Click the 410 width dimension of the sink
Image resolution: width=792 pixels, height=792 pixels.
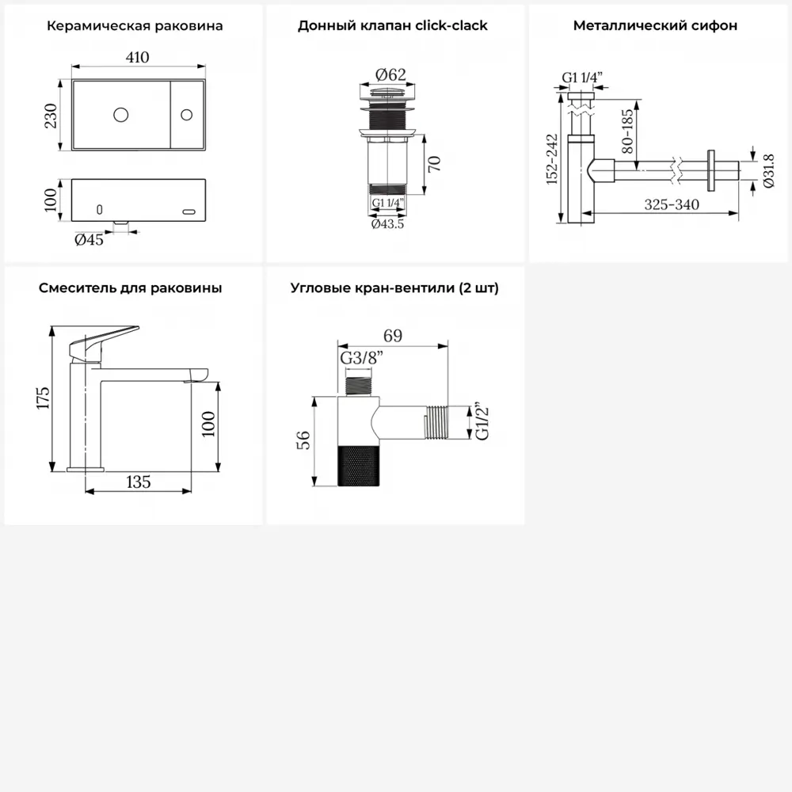[137, 57]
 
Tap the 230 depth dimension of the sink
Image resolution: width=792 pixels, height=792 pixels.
[51, 116]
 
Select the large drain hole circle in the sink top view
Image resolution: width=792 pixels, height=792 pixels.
[120, 115]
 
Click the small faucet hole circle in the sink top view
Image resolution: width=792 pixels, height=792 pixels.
[186, 115]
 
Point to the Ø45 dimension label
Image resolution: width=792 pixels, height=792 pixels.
[89, 239]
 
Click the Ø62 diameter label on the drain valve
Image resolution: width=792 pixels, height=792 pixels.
[390, 74]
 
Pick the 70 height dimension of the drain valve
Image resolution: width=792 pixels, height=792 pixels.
[434, 164]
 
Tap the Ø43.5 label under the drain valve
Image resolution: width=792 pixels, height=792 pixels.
[387, 224]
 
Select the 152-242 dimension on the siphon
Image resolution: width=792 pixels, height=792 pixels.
[552, 159]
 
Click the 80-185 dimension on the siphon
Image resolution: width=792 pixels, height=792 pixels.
[626, 131]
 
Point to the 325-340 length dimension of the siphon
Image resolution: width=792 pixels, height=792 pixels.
[672, 204]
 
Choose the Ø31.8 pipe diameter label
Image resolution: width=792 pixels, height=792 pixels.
[768, 171]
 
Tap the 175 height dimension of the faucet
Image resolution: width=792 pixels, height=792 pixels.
[44, 398]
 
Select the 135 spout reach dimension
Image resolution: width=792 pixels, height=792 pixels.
[139, 482]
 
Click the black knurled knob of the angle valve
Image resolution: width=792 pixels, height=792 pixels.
[358, 466]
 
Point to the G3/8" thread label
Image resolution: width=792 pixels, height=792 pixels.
[362, 358]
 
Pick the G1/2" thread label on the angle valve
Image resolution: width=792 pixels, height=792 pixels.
[482, 422]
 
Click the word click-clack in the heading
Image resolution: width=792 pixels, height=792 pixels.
[451, 25]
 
